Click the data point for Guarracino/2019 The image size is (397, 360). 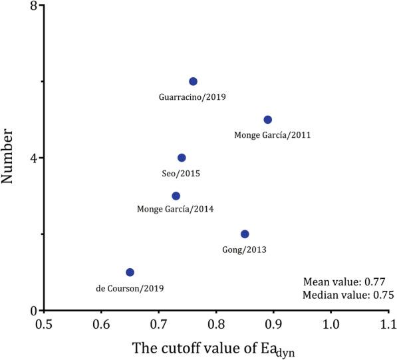coord(193,81)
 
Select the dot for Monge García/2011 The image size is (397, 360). coord(267,120)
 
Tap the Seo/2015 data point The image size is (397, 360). coord(182,158)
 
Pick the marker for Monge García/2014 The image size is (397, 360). coord(176,196)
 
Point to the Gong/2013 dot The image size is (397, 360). coord(245,234)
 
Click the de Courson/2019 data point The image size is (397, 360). coord(130,272)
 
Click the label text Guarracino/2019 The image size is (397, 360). coord(193,97)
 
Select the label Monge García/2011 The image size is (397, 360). coord(273,135)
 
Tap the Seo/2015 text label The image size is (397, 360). coord(181,173)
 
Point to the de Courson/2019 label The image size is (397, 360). coord(130,288)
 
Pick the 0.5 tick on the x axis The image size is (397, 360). coord(44,325)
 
